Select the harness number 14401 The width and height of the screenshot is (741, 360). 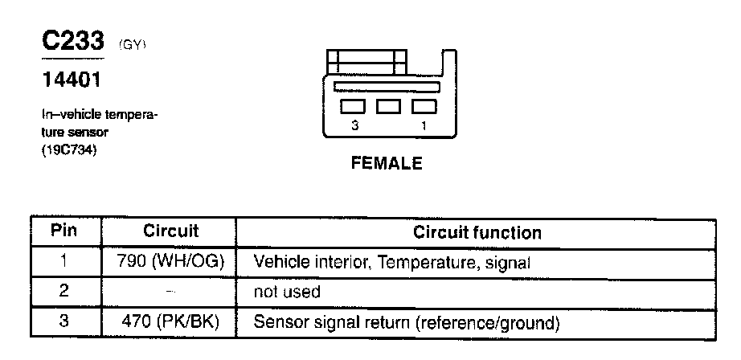pos(70,81)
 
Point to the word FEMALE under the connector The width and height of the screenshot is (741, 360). pos(387,164)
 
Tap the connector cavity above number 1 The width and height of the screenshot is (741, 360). pos(424,106)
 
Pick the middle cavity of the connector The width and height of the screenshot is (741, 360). pos(388,106)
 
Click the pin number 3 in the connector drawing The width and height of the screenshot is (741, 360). pos(354,126)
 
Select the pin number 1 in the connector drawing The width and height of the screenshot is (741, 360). pos(424,126)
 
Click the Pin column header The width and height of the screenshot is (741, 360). pos(64,231)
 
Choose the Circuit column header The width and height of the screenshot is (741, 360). pos(170,231)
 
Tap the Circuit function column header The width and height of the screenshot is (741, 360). pos(477,233)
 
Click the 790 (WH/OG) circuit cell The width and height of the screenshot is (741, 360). pos(170,261)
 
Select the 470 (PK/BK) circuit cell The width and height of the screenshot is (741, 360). pos(170,323)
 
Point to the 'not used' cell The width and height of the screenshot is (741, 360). pos(286,292)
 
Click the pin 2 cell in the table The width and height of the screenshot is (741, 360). pos(64,292)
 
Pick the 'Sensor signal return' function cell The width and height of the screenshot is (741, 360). pos(406,323)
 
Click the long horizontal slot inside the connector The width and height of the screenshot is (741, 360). pos(387,86)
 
